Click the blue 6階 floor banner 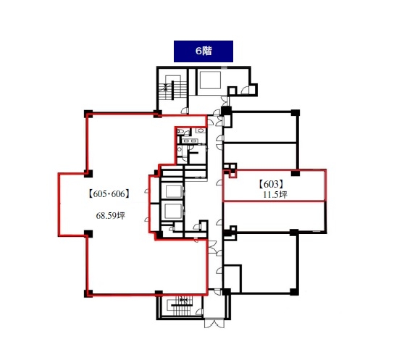204,51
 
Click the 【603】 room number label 271,185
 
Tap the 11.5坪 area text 275,195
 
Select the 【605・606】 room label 109,194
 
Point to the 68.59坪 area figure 110,216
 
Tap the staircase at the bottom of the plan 180,306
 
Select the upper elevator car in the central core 173,192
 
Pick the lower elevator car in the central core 173,211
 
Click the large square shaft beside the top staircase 210,80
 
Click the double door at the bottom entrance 214,323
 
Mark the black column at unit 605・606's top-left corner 88,114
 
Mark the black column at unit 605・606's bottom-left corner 88,293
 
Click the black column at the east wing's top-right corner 295,113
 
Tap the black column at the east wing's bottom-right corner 295,292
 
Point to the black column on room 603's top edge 295,173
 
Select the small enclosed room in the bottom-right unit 232,278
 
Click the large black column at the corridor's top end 226,111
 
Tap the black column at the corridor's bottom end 226,292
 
